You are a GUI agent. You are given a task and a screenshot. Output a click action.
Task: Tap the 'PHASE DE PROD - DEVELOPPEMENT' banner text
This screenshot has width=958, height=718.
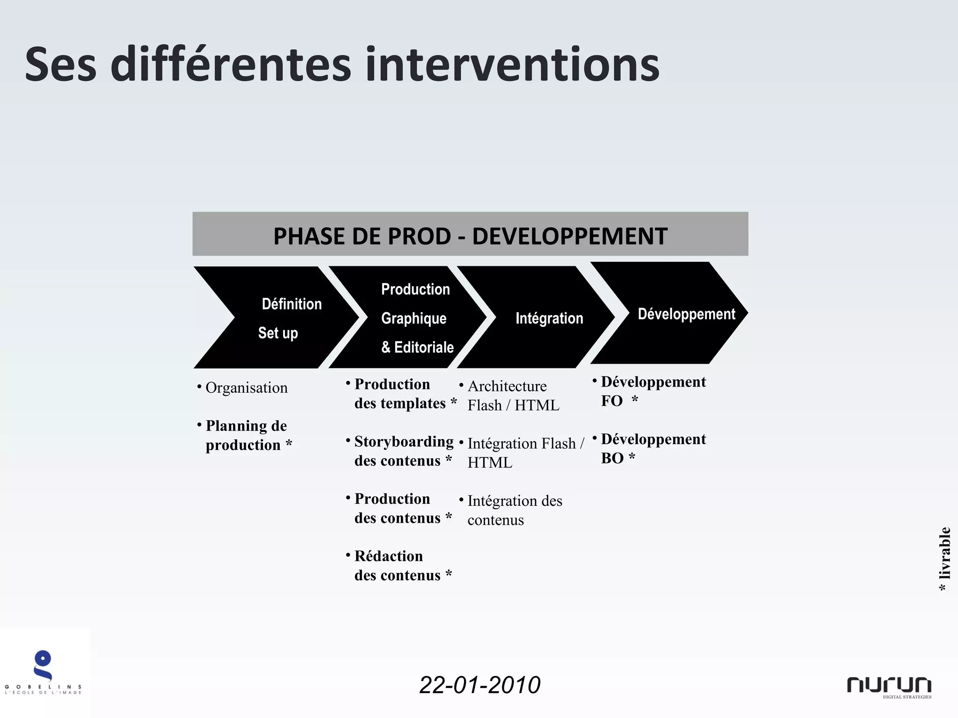[470, 236]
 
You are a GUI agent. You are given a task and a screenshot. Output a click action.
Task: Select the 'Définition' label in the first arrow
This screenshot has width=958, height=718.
[291, 304]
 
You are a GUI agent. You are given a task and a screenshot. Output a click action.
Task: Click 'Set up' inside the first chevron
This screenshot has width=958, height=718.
[278, 333]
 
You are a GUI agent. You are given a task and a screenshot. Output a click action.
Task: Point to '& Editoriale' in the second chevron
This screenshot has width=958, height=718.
[417, 347]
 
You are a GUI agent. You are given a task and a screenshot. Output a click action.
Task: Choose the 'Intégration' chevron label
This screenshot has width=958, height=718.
[549, 318]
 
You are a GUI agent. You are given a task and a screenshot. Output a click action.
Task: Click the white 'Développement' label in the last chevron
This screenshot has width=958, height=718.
[686, 314]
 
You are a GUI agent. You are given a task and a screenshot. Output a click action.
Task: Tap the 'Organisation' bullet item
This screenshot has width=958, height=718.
[247, 388]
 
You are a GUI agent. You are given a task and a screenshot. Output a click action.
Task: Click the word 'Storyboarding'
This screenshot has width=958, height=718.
[404, 442]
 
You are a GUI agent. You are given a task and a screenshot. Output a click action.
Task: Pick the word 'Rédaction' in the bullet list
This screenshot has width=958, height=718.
[388, 556]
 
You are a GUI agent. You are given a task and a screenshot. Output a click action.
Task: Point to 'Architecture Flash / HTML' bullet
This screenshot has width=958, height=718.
[513, 395]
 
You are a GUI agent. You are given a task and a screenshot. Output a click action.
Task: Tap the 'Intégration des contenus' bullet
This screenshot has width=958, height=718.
[515, 510]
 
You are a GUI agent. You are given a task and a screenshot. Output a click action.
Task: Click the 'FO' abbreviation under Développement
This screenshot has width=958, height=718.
[611, 401]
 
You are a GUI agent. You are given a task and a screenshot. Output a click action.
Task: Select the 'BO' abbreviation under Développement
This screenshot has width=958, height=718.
[612, 458]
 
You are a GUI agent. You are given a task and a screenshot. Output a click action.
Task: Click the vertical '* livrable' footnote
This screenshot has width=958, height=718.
[944, 559]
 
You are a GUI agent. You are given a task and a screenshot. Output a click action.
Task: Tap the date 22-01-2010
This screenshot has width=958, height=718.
[479, 685]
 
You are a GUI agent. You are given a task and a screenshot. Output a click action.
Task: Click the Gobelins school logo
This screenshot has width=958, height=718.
[43, 671]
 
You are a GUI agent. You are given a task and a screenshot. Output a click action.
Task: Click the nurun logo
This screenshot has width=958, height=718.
[889, 686]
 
